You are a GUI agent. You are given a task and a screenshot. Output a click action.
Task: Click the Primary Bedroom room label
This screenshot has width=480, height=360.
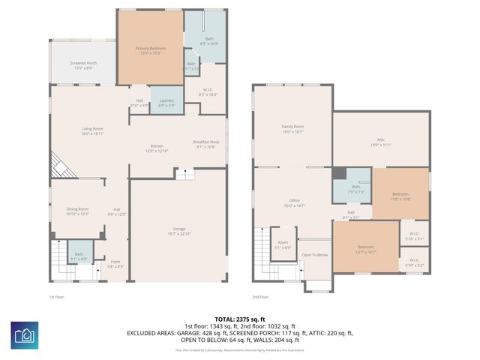click(151, 50)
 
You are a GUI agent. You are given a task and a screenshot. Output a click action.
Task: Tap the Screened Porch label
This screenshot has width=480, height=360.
click(82, 65)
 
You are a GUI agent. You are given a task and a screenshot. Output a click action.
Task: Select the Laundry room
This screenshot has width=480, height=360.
click(166, 102)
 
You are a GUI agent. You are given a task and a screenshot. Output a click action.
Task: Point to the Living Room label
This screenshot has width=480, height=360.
click(92, 130)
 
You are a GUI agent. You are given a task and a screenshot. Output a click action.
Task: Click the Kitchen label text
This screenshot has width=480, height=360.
click(157, 148)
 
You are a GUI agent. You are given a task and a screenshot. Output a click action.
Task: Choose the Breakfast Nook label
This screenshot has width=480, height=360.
click(206, 144)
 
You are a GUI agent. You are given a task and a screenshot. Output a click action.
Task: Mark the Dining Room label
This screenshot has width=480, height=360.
click(77, 211)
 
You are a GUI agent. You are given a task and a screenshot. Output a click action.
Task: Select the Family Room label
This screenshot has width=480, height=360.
click(292, 128)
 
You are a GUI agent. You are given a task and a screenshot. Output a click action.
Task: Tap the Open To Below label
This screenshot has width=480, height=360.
click(315, 255)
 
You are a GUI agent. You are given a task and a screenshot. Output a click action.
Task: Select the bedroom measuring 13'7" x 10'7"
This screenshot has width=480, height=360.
click(366, 248)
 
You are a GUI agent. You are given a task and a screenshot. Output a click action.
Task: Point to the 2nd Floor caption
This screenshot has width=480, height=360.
click(260, 296)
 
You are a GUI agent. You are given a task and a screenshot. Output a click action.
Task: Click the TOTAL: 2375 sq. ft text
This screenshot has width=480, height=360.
click(240, 319)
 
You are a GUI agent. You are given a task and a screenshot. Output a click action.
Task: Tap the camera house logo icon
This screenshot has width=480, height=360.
click(25, 336)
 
